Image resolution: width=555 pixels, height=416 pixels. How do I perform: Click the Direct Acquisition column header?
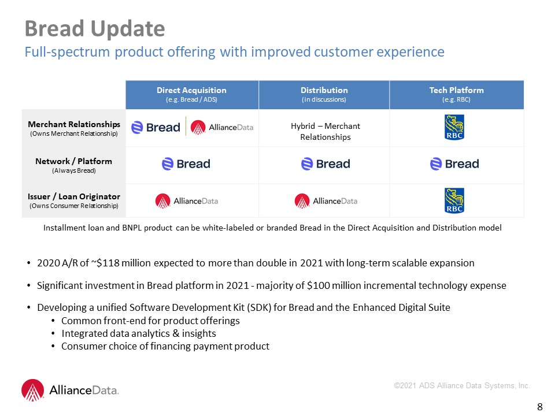pos(191,94)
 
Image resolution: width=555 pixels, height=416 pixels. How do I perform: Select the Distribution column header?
pos(324,94)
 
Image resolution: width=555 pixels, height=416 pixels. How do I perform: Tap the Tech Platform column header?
pos(457,94)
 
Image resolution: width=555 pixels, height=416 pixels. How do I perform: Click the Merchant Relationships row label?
pos(74,128)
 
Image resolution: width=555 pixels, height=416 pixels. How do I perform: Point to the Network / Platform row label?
pos(73,165)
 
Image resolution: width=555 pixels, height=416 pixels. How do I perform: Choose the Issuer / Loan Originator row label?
pos(74,200)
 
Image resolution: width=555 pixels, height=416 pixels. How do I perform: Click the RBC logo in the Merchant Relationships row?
pos(454,127)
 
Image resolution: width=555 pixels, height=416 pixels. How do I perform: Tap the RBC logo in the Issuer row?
pos(454,200)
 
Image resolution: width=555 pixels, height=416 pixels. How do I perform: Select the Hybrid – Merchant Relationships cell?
pos(325,131)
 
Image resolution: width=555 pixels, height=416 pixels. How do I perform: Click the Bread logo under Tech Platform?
pos(454,164)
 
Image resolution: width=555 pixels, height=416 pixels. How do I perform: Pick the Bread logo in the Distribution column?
pos(325,164)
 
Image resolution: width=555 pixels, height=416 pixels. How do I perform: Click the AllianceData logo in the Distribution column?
pos(325,201)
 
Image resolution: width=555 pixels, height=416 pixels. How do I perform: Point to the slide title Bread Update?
pos(95,28)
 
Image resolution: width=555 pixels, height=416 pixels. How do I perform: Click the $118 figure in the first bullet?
pos(108,263)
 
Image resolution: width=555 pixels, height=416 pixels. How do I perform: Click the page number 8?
pos(540,407)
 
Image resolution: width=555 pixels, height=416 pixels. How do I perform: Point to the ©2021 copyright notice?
pos(462,385)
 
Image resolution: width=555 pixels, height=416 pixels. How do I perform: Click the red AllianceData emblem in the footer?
pos(32,390)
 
